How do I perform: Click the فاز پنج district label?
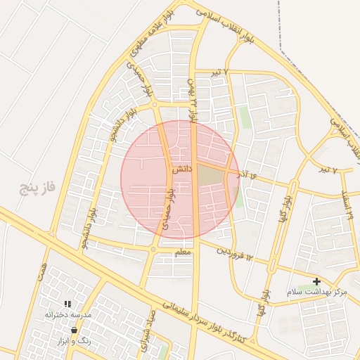coord(37,188)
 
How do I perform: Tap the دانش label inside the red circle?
coord(181,169)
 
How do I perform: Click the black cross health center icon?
coord(316,281)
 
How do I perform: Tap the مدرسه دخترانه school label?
coord(68,314)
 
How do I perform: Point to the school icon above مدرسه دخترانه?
coord(68,304)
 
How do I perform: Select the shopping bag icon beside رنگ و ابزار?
coord(75,329)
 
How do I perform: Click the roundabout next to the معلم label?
coord(153,249)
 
